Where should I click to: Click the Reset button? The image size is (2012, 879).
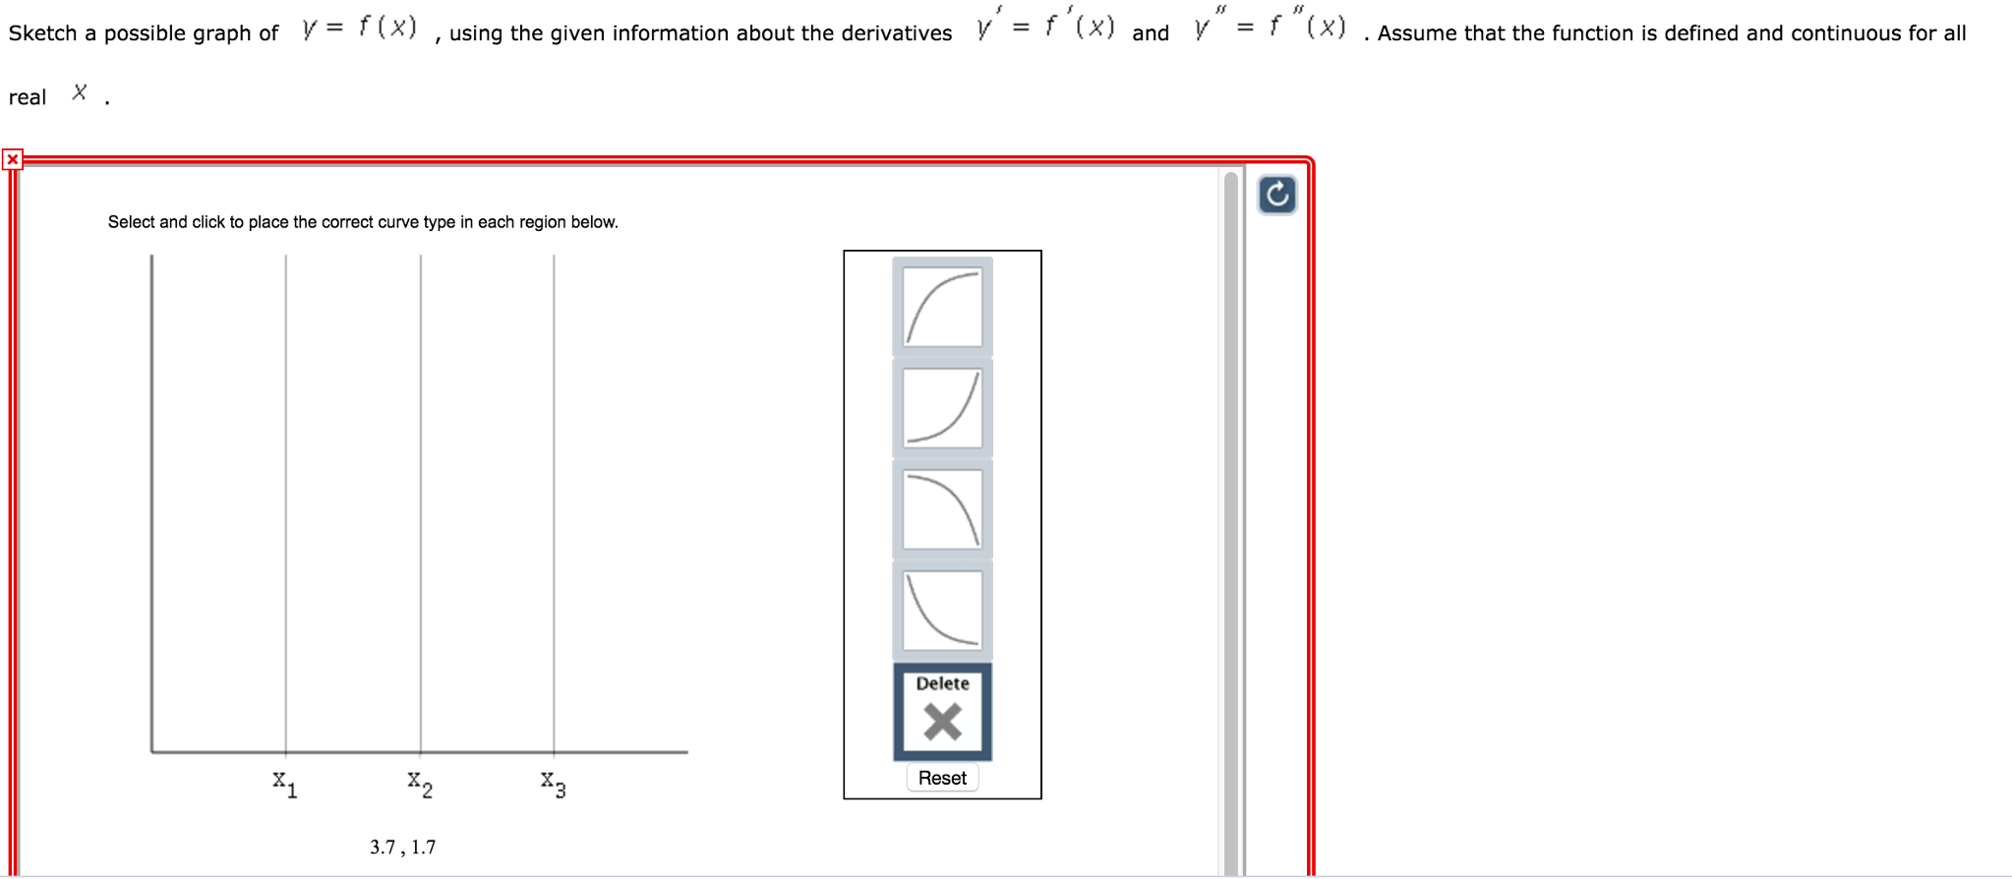(941, 778)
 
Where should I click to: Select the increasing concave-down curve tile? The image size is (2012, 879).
(942, 307)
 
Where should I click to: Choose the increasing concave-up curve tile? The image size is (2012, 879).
(942, 408)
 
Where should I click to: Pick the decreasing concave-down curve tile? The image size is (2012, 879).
(942, 509)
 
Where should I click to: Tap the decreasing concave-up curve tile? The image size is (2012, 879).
(942, 611)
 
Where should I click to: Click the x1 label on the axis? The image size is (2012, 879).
(285, 784)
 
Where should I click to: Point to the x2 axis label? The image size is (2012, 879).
(420, 784)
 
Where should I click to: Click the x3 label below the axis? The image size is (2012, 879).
(553, 784)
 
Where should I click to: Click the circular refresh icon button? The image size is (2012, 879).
(1276, 195)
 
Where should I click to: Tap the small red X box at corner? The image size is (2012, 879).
(13, 159)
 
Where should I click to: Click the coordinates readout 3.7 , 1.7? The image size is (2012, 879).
(402, 847)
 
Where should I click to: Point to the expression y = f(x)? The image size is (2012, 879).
(359, 28)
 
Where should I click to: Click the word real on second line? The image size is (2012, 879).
(28, 97)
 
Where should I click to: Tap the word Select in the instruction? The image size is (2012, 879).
(131, 222)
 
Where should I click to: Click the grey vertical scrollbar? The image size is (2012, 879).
(1231, 521)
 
